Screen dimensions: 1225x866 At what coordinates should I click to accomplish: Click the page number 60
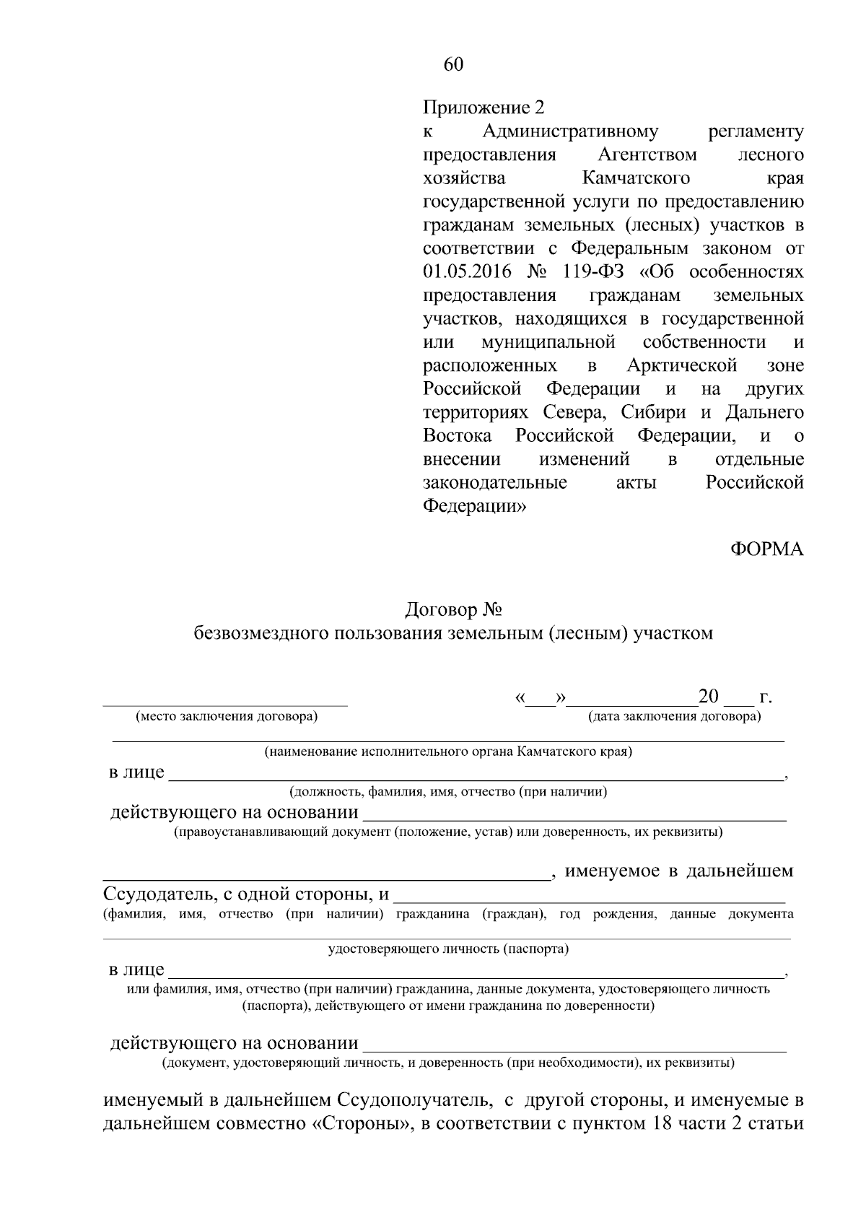(453, 65)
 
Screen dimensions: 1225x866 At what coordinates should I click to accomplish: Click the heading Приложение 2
(483, 108)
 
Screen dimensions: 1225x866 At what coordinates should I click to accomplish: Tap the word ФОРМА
(767, 549)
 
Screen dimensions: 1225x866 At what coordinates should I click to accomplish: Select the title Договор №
(453, 610)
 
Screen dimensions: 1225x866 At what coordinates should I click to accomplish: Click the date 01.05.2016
(467, 271)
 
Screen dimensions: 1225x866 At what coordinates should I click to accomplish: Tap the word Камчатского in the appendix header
(635, 178)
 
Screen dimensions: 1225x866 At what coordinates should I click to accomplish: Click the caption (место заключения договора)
(226, 717)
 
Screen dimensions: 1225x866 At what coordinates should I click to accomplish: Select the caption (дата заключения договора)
(674, 717)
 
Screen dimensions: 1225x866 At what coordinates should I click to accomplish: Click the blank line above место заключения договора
(225, 702)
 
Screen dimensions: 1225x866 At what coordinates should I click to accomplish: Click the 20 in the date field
(709, 697)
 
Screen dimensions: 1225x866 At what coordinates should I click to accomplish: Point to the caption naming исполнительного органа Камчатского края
(447, 752)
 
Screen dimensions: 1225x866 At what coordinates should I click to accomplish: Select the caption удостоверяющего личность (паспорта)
(448, 949)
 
